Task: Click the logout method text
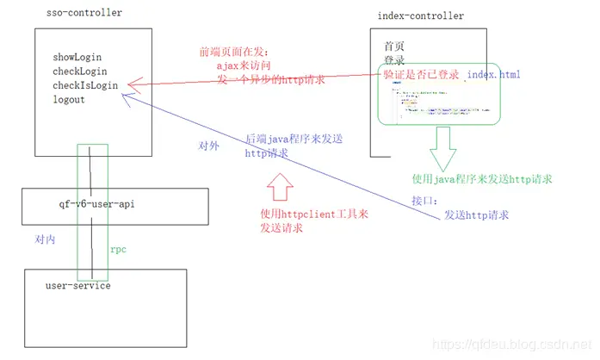coord(68,99)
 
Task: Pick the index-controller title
coord(420,16)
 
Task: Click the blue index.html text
coord(493,75)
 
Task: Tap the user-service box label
coord(78,285)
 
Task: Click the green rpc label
coord(118,249)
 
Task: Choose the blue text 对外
coord(208,146)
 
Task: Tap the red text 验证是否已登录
coord(422,75)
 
